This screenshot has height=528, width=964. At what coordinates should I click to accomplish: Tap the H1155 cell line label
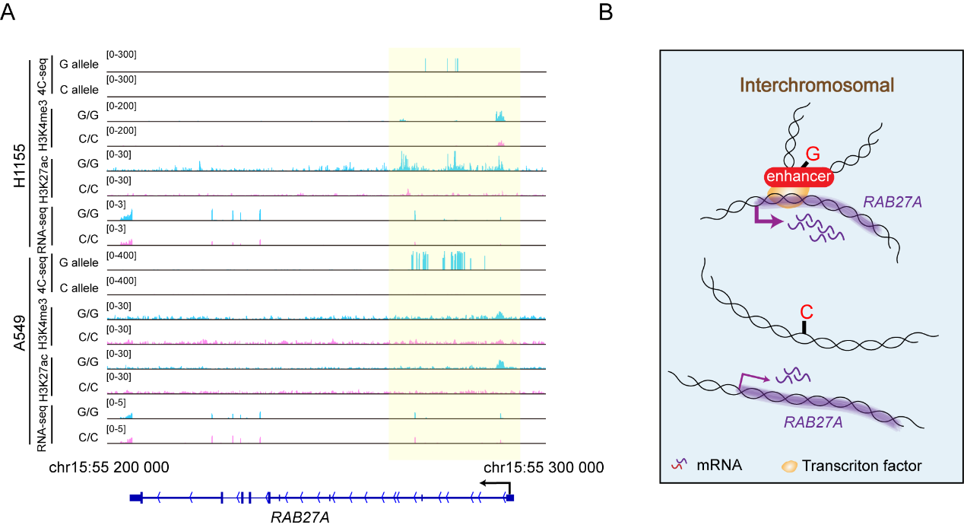[x=20, y=166]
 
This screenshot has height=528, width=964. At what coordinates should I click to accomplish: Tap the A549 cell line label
[x=20, y=333]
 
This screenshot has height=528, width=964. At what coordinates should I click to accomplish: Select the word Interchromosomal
[x=817, y=85]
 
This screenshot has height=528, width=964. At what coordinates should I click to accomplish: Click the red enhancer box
[x=799, y=177]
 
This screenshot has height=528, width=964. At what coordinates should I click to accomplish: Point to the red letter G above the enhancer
[x=813, y=154]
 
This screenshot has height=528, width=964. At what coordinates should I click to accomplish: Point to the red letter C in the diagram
[x=806, y=312]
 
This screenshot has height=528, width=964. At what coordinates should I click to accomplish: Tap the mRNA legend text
[x=719, y=465]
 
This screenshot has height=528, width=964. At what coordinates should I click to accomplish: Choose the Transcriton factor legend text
[x=861, y=466]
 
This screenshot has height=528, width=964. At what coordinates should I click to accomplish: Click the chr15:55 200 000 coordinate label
[x=109, y=467]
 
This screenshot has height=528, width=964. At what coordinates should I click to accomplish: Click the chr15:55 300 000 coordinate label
[x=544, y=467]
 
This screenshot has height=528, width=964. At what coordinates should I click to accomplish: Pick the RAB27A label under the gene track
[x=300, y=517]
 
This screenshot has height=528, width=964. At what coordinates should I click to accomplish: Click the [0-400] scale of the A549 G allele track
[x=122, y=256]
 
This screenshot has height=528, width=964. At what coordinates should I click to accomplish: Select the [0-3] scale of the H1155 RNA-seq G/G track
[x=116, y=204]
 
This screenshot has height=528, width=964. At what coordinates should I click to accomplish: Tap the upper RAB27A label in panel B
[x=893, y=202]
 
